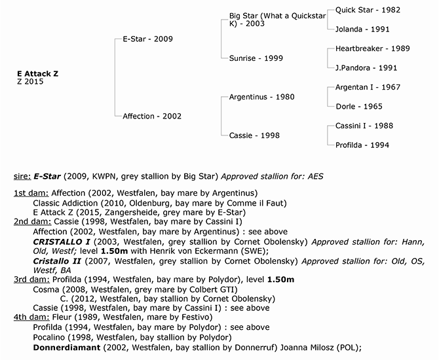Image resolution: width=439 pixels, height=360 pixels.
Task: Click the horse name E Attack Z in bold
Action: click(x=37, y=74)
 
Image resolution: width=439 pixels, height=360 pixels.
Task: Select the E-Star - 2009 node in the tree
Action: click(x=147, y=39)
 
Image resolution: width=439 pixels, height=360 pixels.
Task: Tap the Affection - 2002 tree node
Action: click(x=152, y=116)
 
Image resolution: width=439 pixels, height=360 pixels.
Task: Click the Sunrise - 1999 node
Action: click(x=256, y=58)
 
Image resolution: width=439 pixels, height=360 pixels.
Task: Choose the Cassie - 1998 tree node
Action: click(x=254, y=135)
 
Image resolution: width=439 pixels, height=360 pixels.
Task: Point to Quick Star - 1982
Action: click(x=368, y=10)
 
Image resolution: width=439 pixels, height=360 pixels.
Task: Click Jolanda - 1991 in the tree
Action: click(x=363, y=29)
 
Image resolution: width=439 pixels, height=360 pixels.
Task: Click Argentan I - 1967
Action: click(x=368, y=87)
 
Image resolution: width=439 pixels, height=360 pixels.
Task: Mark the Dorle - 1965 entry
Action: click(x=359, y=106)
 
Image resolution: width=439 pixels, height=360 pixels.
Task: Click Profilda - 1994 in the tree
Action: click(x=363, y=145)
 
